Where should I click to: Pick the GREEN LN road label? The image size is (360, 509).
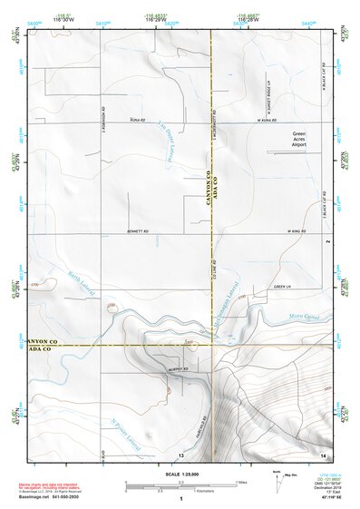[281, 287]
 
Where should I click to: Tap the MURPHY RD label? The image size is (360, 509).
[176, 369]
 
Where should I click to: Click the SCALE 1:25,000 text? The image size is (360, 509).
[180, 474]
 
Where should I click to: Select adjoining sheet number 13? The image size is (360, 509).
[181, 454]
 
